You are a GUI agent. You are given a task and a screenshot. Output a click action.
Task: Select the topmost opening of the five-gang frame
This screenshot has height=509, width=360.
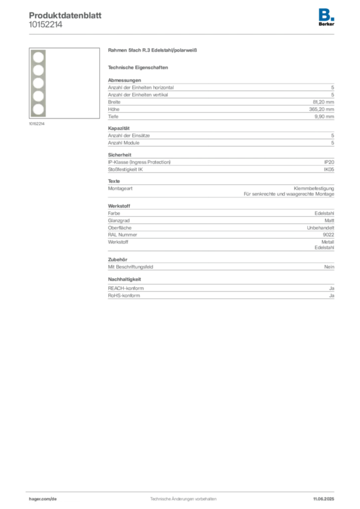point(37,57)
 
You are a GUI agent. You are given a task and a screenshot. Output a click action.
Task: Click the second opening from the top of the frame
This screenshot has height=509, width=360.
point(37,70)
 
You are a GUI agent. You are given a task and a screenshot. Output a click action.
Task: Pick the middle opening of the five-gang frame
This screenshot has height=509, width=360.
point(37,83)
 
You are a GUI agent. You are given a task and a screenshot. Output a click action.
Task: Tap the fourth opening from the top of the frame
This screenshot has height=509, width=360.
point(37,96)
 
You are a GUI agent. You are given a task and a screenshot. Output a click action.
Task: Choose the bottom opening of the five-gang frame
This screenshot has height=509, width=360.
point(37,109)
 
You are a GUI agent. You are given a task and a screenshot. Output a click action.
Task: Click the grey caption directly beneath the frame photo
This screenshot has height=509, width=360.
point(38,124)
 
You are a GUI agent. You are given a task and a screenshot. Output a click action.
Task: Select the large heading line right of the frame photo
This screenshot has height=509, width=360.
point(153,51)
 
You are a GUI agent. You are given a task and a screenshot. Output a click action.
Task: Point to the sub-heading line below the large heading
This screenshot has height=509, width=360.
point(139,68)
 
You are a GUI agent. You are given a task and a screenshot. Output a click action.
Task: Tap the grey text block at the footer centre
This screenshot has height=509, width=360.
point(183,497)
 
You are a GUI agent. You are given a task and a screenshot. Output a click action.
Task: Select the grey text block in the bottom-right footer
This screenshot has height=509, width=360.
point(324,496)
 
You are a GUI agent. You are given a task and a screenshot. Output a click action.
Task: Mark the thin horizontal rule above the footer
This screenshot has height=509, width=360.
point(183,491)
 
